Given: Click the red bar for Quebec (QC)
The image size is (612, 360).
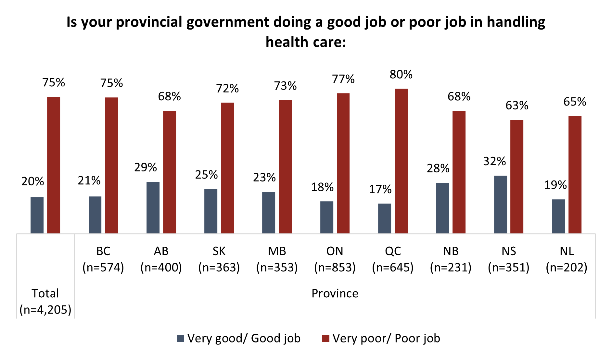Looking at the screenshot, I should [x=401, y=161].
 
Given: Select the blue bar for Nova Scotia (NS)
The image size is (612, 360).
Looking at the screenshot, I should [x=500, y=205].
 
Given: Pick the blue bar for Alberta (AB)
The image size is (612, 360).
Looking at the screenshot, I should [x=153, y=207].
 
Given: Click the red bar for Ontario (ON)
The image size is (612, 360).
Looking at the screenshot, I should [x=343, y=163].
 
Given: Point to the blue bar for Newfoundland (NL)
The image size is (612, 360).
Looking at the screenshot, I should [x=558, y=216].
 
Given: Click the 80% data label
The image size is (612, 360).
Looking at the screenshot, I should [x=401, y=75].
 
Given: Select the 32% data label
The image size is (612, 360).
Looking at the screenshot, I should [x=494, y=161].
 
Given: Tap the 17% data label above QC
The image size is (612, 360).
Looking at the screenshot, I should [x=380, y=189].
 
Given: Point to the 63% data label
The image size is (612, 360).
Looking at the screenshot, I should [x=517, y=106].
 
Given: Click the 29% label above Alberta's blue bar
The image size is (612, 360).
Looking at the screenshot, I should [x=146, y=168].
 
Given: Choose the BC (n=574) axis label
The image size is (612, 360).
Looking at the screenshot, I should [x=103, y=259].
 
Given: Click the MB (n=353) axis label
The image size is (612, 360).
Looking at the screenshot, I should [x=277, y=259].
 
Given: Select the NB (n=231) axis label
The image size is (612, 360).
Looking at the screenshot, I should [x=451, y=259].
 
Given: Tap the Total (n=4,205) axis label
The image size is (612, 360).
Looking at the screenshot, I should [x=45, y=302].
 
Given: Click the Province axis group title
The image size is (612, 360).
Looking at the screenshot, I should [x=335, y=293].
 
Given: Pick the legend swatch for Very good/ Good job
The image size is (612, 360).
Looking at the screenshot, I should [x=180, y=339].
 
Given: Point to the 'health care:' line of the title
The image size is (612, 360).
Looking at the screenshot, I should [x=306, y=42].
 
